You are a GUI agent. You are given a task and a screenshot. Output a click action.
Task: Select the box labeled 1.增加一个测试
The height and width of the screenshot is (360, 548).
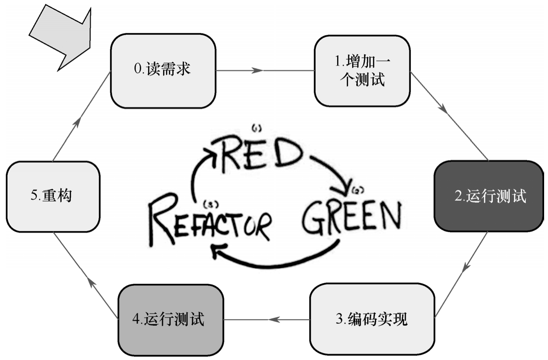(362, 71)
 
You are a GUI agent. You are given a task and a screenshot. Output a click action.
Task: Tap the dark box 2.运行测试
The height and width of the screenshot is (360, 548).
(488, 196)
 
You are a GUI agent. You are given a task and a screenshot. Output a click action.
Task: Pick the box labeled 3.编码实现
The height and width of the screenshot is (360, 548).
(372, 319)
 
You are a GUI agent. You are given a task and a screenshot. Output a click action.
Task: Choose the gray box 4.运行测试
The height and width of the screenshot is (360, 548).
(171, 319)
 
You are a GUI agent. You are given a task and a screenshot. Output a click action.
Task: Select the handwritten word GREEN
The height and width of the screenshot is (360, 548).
(351, 218)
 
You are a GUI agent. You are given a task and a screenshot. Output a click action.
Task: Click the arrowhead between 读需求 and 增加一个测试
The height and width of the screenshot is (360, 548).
(257, 71)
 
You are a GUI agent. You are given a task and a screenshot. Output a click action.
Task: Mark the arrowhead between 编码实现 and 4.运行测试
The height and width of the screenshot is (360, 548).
(274, 319)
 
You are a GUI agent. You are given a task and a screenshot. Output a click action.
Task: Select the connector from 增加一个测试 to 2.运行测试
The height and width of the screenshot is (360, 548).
(448, 115)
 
